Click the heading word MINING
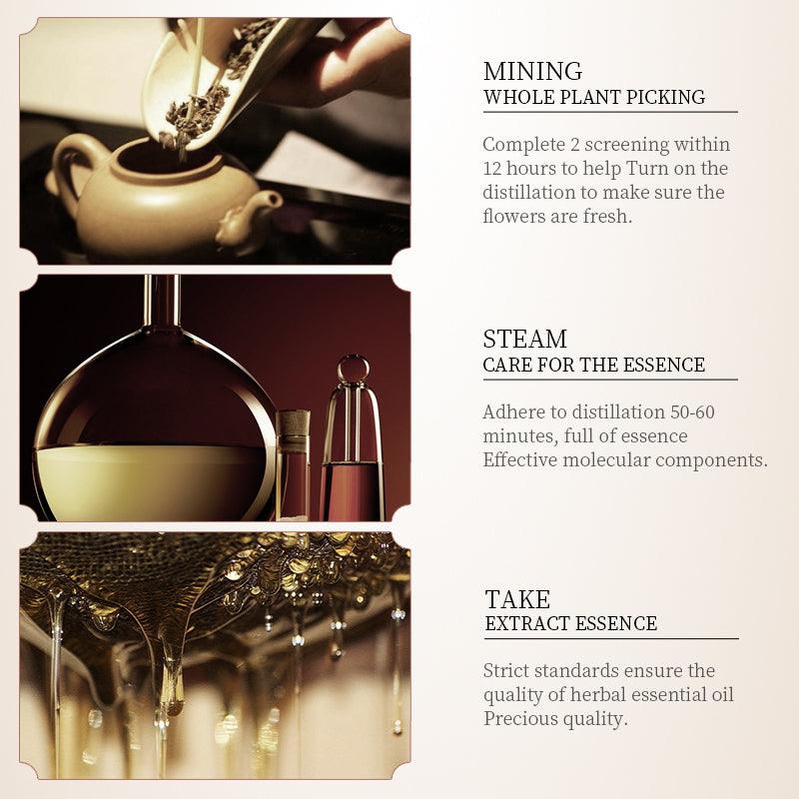point(532,71)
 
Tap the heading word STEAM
point(525,339)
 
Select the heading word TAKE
point(517,599)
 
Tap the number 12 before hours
point(492,168)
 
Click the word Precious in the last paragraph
point(520,718)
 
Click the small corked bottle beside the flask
point(293,464)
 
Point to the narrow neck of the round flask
point(162,301)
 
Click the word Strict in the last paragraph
point(506,670)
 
